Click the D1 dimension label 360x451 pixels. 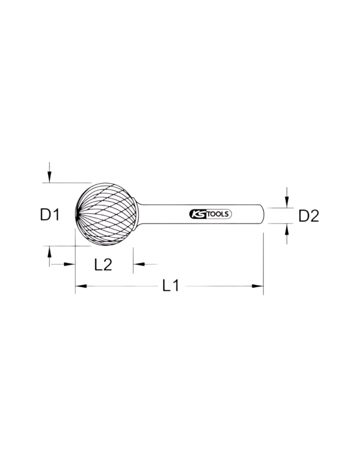[50, 215]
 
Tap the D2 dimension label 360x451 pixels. [309, 216]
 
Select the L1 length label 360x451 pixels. [171, 285]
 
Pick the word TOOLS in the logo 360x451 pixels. [218, 215]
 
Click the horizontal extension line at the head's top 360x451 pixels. [68, 183]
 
